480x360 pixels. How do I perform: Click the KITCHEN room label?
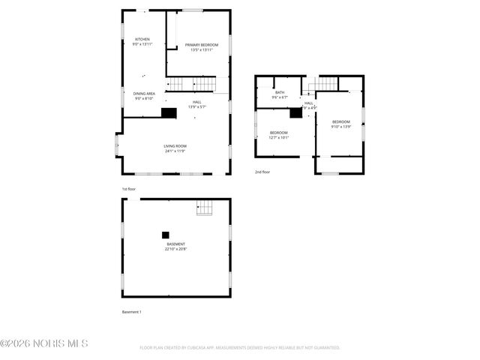pos(142,39)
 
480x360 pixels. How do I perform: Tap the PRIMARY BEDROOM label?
pos(202,45)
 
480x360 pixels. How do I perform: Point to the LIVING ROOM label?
pos(175,146)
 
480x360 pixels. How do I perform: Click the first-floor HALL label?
pos(196,102)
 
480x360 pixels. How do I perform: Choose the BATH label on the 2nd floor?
pos(279,92)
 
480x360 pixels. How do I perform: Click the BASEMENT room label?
pos(176,244)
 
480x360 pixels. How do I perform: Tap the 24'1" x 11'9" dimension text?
pos(175,151)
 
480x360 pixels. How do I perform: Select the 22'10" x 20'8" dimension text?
pos(176,249)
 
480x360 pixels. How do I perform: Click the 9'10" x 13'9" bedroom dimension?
pos(341,127)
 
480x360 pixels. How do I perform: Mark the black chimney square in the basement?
pos(166,233)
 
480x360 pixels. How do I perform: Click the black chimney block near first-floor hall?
pos(169,112)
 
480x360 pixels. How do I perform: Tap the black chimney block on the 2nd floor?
pos(296,113)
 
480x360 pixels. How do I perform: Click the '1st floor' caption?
pos(129,189)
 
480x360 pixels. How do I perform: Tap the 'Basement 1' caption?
pos(132,311)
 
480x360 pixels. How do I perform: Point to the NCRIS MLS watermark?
pos(45,343)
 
